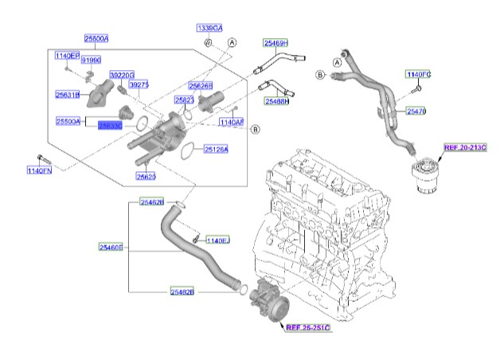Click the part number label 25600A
(97, 38)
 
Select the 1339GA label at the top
(209, 29)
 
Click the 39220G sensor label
(122, 73)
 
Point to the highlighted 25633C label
(109, 125)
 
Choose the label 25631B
(67, 95)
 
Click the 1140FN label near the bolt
(39, 170)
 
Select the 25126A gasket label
(216, 149)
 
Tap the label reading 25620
(147, 176)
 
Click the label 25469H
(275, 42)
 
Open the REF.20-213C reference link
(465, 149)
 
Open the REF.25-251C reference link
(307, 327)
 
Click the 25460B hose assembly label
(111, 248)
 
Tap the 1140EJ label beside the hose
(217, 240)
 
